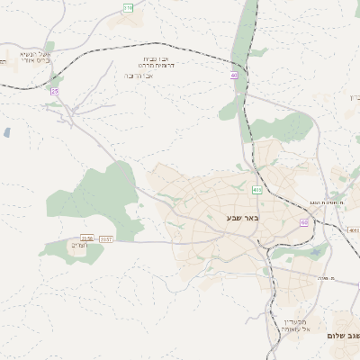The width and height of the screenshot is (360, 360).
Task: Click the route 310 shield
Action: (x=128, y=7)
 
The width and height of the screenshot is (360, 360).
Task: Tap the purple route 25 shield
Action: (x=54, y=91)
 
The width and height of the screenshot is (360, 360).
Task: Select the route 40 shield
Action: (x=234, y=76)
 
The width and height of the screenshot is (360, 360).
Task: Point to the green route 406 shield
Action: (x=257, y=190)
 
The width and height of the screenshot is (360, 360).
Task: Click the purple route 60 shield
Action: (x=304, y=221)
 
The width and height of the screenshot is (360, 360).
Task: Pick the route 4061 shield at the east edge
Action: (x=352, y=229)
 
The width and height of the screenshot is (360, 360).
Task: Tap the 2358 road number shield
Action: (x=87, y=238)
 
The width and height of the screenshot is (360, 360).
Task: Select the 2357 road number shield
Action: (x=105, y=238)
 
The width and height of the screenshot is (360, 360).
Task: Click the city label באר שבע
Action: (x=240, y=218)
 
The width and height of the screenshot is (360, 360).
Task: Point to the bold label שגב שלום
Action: (x=346, y=336)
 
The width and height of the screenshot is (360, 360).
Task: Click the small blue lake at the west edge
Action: (x=7, y=132)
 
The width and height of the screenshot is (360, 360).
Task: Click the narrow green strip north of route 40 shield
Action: (x=244, y=36)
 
